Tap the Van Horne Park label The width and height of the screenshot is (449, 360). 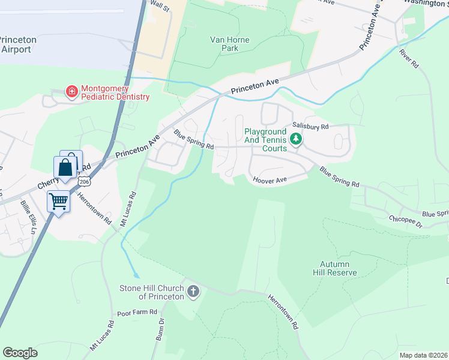(x=229, y=44)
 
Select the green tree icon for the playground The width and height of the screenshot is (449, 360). (x=295, y=139)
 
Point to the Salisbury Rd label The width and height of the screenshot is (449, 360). (x=310, y=127)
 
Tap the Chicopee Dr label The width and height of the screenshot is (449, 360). (x=406, y=221)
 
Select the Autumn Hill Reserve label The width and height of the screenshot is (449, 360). (x=339, y=268)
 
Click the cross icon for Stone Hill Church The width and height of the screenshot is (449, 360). (x=193, y=292)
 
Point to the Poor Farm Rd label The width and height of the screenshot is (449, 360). (x=137, y=313)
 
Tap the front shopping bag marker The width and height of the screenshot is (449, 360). (x=65, y=167)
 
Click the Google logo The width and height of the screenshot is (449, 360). (x=20, y=353)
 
